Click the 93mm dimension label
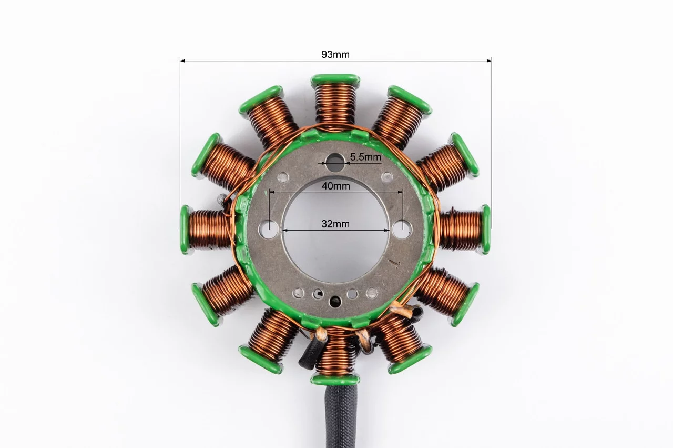point(335,54)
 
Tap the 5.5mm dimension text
point(365,157)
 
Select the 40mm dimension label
point(335,186)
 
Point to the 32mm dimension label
point(335,224)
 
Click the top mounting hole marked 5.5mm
point(335,163)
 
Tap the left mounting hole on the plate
point(268,230)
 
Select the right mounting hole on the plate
point(402,229)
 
